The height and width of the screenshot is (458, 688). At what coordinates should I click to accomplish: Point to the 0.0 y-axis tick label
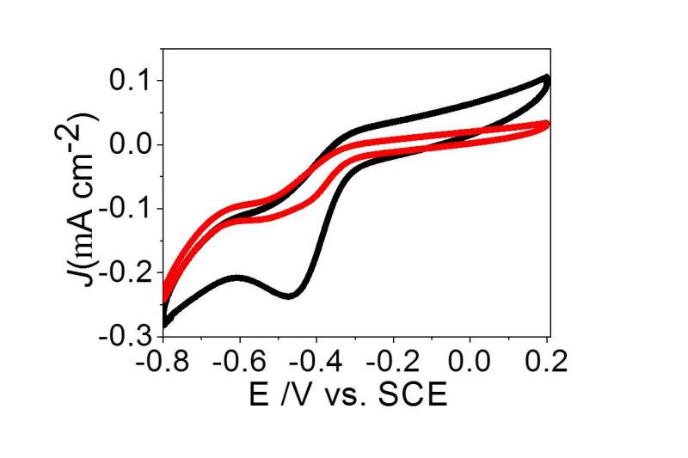pos(131,144)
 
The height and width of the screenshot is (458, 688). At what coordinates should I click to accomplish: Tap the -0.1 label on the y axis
pos(126,207)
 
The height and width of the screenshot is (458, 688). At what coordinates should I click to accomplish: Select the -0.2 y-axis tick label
pos(126,271)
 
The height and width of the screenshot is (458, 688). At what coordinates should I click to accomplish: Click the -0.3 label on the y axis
pos(126,334)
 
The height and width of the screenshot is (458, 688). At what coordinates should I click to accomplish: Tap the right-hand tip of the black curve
pos(547,79)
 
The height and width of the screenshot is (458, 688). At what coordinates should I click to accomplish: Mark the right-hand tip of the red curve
pos(546,124)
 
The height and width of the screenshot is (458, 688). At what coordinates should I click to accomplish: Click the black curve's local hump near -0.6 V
pos(237,277)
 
